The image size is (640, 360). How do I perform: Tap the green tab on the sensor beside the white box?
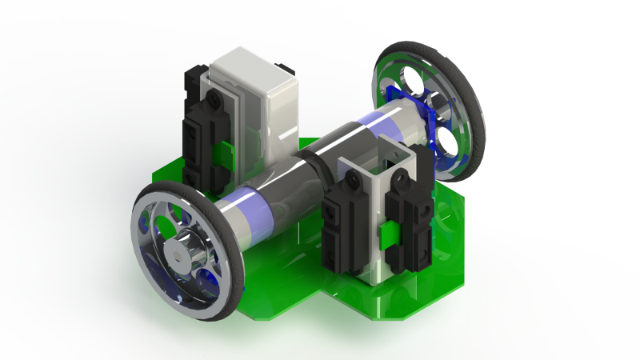click(x=226, y=150)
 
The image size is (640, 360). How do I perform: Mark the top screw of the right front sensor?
click(x=407, y=182)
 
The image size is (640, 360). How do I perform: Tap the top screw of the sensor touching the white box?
click(x=215, y=96)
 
